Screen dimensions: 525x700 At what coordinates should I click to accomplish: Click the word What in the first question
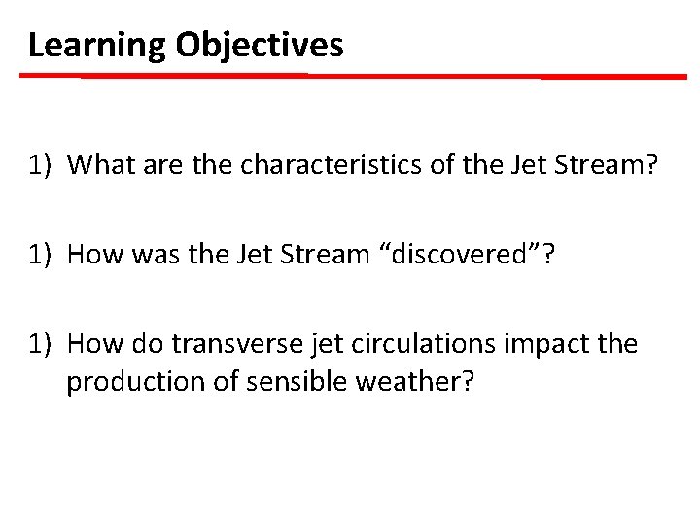[x=96, y=165]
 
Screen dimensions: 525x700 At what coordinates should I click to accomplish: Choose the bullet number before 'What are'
[x=40, y=165]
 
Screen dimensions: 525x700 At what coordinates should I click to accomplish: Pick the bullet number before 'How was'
[x=40, y=255]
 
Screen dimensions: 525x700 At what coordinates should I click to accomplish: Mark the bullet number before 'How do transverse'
[x=40, y=344]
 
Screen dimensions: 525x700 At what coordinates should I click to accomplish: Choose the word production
[x=128, y=382]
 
